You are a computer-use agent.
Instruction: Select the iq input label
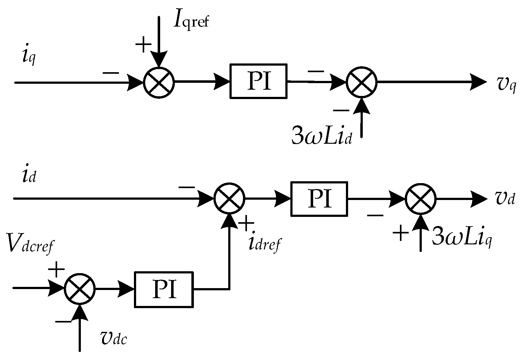[x=29, y=58]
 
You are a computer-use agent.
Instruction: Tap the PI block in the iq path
[x=259, y=82]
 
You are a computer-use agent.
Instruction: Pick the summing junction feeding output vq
[x=362, y=82]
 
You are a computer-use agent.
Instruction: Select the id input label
[x=29, y=176]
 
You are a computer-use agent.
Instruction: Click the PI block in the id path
[x=319, y=199]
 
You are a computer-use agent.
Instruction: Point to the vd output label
[x=505, y=199]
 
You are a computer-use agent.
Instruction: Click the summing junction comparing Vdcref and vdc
[x=80, y=289]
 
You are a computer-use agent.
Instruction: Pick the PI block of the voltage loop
[x=164, y=289]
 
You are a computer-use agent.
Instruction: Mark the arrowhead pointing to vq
[x=479, y=82]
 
